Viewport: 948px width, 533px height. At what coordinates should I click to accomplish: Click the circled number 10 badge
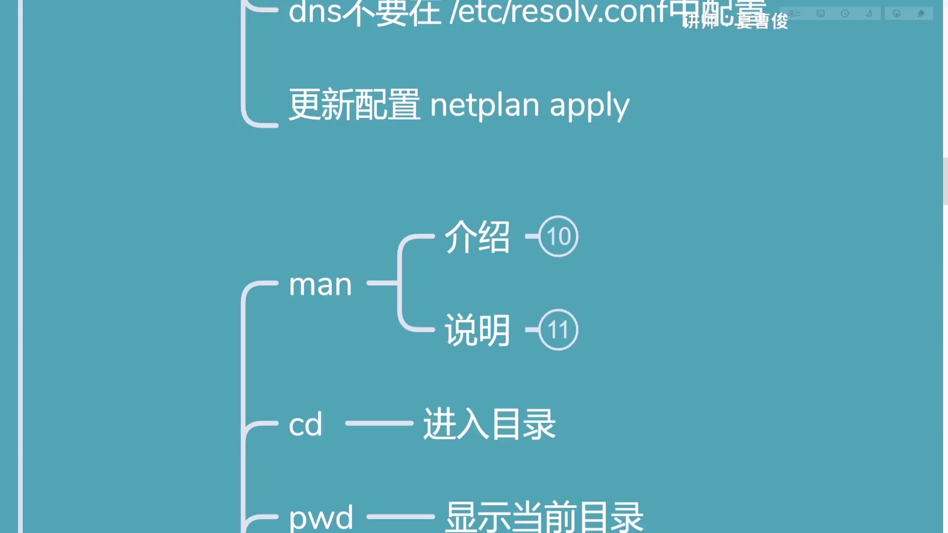pos(558,236)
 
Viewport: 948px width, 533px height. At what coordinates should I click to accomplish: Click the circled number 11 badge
pos(558,330)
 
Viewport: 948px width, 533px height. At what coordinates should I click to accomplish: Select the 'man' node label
pos(320,285)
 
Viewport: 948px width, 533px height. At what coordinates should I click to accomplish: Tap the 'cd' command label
pos(306,424)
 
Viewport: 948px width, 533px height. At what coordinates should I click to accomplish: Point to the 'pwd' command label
pos(321,517)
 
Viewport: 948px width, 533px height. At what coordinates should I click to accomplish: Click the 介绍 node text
pos(477,237)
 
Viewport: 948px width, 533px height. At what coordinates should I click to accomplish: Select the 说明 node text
pos(477,330)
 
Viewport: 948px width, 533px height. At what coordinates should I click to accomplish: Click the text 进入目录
pos(489,424)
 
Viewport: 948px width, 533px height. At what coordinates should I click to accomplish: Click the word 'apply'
pos(590,106)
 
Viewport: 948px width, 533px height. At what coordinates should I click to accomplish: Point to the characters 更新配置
pos(354,105)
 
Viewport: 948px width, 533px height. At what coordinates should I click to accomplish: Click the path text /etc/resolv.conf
pos(558,12)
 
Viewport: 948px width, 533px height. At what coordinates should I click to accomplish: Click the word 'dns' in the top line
pos(315,12)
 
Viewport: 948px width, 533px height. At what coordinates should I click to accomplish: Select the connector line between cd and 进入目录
pos(379,423)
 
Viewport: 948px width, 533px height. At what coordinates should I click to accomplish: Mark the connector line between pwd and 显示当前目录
pos(400,517)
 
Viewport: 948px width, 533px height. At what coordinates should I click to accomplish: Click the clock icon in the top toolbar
pos(845,13)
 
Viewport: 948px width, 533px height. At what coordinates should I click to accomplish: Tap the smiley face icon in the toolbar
pos(897,13)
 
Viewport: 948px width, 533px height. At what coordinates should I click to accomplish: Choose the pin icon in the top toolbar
pos(921,13)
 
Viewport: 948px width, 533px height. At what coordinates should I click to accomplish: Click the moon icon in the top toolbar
pos(869,13)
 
